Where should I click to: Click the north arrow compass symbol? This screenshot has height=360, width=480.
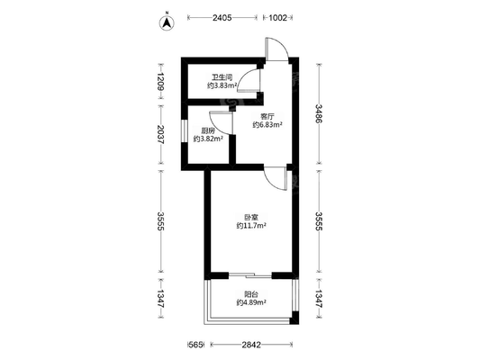coord(167,22)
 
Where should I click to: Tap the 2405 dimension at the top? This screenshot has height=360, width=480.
coord(222,18)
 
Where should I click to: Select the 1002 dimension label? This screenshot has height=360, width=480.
coord(277,18)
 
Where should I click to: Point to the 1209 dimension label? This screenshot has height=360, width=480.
coord(160,82)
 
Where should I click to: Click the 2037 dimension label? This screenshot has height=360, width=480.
coord(160,134)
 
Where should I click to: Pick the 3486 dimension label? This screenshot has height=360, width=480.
coord(319,113)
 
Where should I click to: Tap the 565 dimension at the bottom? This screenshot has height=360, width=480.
coord(195,345)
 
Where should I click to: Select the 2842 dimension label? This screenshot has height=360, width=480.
coord(251,345)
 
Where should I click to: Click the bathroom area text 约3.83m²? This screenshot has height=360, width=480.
coord(222,85)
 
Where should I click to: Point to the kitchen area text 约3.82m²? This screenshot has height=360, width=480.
coord(208,139)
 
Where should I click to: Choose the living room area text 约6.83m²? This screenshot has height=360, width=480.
coord(267,125)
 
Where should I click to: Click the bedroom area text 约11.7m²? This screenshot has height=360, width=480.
coord(251,226)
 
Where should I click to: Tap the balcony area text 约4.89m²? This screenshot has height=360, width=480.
coord(251,302)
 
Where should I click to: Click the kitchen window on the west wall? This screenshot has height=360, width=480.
coord(184,130)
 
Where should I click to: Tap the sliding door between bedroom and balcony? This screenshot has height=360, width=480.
coord(250,275)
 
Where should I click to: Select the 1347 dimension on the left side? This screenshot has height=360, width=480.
coord(160,299)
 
